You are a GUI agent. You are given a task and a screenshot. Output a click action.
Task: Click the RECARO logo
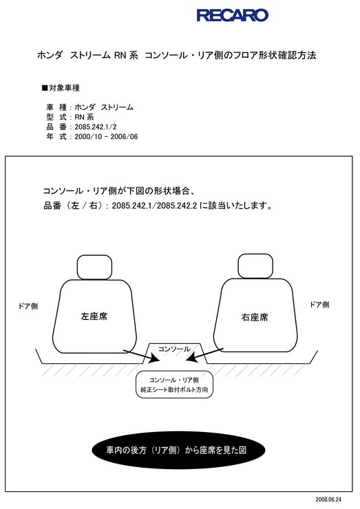[x=232, y=15]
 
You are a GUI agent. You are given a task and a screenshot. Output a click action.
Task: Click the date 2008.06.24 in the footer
[x=328, y=499]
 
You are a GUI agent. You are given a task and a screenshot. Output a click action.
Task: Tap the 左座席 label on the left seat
[x=94, y=316]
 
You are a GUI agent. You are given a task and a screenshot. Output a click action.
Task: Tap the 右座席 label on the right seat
[x=255, y=317]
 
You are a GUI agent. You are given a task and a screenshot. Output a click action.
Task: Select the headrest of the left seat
[x=94, y=267]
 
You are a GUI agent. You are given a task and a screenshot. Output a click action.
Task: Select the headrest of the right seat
[x=255, y=266]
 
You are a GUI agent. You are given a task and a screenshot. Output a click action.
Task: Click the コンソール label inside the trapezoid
[x=174, y=349]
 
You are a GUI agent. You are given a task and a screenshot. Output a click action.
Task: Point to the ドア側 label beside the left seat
[x=28, y=306]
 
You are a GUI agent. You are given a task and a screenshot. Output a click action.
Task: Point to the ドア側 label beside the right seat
[x=319, y=304]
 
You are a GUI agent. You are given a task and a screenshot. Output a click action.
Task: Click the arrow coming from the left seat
[x=140, y=356]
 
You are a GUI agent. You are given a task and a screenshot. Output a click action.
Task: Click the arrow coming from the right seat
[x=204, y=355]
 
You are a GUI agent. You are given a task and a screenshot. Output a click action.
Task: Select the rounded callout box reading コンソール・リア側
[x=174, y=385]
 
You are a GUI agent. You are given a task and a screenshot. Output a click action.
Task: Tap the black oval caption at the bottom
[x=178, y=450]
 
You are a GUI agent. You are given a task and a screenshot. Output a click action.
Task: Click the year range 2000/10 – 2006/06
[x=106, y=137]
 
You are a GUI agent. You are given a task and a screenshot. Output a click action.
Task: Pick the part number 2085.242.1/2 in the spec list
[x=96, y=127]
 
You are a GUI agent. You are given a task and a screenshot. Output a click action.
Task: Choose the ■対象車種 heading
[x=61, y=88]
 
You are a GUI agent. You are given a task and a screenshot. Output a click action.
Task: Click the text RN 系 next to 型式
[x=85, y=117]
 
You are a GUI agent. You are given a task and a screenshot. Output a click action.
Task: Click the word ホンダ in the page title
[x=50, y=55]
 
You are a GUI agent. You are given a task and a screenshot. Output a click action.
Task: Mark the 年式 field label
[x=56, y=137]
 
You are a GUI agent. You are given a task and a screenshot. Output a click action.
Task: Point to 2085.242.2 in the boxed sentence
[x=177, y=206]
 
